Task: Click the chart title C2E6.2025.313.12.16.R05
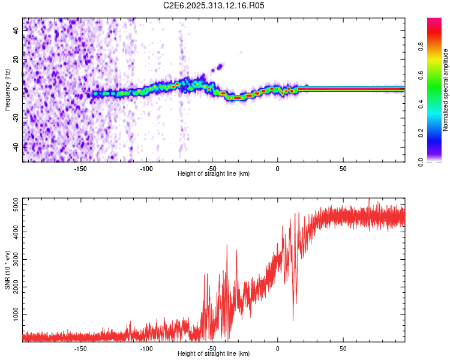click(x=214, y=5)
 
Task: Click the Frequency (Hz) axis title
click(x=7, y=89)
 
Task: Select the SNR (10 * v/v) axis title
click(x=7, y=269)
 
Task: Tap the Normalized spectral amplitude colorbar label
click(x=446, y=90)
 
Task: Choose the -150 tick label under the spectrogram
click(x=81, y=169)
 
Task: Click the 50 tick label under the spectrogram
click(x=342, y=169)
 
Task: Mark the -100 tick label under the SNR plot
click(x=146, y=349)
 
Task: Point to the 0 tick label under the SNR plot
click(x=277, y=349)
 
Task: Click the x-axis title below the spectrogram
click(x=214, y=174)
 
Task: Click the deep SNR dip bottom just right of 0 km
click(x=293, y=320)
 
